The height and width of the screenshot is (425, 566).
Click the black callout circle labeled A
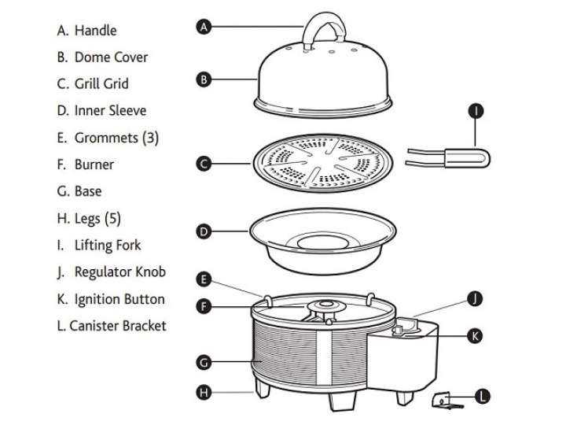[x=204, y=27]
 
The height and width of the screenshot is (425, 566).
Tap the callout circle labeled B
[x=204, y=79]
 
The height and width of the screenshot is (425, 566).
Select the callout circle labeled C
[x=204, y=164]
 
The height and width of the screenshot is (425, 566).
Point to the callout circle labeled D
[x=204, y=231]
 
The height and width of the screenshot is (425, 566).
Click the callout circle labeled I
[x=476, y=111]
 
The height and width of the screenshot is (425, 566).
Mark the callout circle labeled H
[x=204, y=391]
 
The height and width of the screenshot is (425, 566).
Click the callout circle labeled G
[x=204, y=362]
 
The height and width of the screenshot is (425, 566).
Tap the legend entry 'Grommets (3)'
[x=116, y=138]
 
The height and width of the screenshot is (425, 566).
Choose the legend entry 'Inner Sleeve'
[x=110, y=111]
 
